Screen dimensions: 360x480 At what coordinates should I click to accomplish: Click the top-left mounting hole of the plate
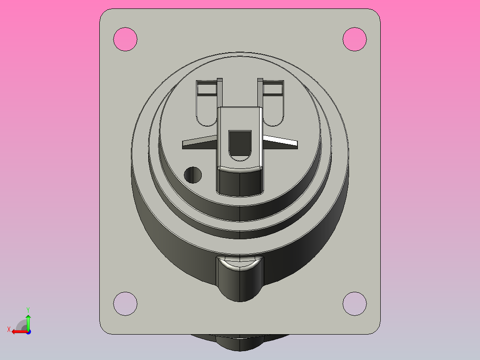pos(125,39)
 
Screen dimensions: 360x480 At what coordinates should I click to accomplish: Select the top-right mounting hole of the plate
pos(354,39)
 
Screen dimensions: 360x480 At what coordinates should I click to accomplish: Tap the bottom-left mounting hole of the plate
pos(125,303)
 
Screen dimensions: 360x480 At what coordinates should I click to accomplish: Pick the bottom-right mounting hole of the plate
pos(354,303)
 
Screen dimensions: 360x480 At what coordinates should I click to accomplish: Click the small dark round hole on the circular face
pos(193,175)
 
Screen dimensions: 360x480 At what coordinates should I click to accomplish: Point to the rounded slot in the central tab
pos(240,144)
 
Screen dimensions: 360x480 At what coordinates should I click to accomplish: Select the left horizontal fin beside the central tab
pos(199,142)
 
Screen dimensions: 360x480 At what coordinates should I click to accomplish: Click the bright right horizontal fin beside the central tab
pos(281,142)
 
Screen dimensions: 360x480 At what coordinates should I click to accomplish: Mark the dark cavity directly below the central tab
pos(240,183)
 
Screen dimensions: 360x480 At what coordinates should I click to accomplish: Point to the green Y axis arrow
pos(28,320)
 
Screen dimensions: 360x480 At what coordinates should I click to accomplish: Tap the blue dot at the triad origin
pos(28,331)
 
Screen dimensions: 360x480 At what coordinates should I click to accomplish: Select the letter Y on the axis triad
pos(28,309)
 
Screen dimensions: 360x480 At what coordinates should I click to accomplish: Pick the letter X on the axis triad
pos(9,329)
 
